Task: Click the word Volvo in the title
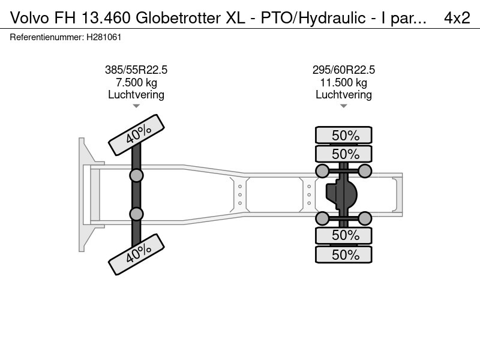click(29, 18)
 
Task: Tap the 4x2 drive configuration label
click(457, 18)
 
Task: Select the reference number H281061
click(104, 37)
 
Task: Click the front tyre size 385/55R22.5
click(136, 70)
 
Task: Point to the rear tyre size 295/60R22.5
click(343, 70)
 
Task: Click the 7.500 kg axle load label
click(136, 83)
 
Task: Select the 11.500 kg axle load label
click(343, 83)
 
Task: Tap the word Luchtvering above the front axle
click(136, 95)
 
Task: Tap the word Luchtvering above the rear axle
click(343, 95)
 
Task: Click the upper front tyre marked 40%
click(137, 134)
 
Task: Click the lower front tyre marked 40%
click(137, 254)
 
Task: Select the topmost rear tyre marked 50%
click(343, 135)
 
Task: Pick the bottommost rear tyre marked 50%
click(343, 254)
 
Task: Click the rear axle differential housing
click(341, 194)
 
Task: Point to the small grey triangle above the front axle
click(136, 106)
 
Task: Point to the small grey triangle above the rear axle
click(343, 106)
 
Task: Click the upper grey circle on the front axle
click(136, 176)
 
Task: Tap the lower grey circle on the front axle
click(136, 214)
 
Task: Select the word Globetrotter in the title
click(178, 18)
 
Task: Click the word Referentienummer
click(47, 37)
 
